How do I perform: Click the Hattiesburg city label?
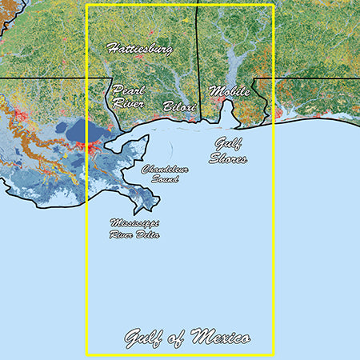coord(139,49)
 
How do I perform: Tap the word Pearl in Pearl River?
coord(128,90)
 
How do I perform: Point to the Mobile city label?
coord(230,91)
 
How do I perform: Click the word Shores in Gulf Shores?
coord(230,158)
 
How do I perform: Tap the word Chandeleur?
coord(166,170)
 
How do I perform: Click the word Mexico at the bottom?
coord(219,337)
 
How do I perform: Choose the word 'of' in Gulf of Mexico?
coord(178,337)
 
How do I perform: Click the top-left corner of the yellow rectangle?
coord(86,6)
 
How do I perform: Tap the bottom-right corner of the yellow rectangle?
coord(274,354)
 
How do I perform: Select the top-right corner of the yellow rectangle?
coord(274,6)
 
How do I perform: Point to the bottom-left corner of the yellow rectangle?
coord(86,354)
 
